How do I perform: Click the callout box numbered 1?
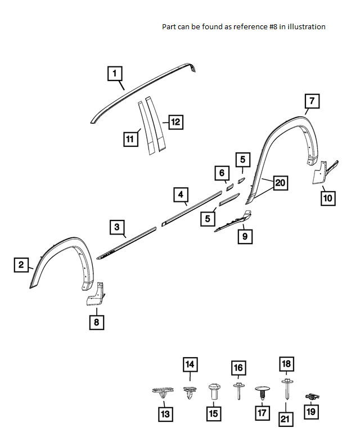coord(115,73)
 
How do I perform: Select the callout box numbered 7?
coord(312,101)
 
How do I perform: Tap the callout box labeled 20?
coord(280,182)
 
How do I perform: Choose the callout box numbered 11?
coord(131,138)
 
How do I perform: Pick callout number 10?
coord(328,197)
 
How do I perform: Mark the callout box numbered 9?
coord(245,236)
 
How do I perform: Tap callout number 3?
coord(116,227)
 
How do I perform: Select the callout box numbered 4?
coord(181,195)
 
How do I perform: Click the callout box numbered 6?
coord(222,173)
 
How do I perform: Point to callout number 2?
coord(21,265)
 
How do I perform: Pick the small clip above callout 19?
coord(310,397)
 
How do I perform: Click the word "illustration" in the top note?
coord(306,26)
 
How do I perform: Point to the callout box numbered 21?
coord(286,419)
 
